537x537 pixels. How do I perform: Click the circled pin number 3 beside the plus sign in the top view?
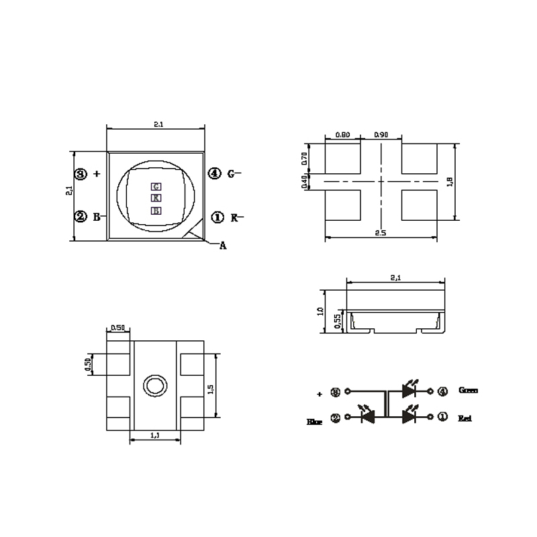point(81,174)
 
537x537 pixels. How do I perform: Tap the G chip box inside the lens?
point(156,186)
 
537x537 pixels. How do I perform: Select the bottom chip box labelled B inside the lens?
point(156,210)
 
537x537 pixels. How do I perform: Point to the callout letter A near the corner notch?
point(223,246)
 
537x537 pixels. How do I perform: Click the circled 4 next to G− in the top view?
point(214,174)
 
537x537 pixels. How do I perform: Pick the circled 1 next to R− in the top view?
point(217,217)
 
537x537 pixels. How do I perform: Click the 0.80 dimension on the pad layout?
point(342,135)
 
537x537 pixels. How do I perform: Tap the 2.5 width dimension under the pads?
point(380,232)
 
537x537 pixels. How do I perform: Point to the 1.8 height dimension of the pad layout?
point(450,181)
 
